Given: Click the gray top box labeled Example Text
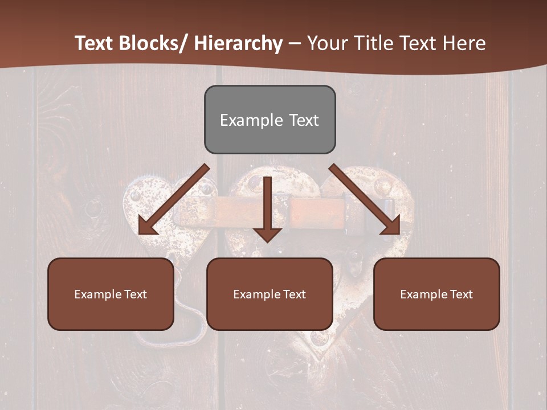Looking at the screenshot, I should click(270, 120).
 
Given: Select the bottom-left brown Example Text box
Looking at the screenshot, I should click(111, 294).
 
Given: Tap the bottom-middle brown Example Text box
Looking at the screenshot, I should click(270, 294).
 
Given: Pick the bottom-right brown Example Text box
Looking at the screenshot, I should click(436, 294).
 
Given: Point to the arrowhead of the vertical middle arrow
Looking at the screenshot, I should click(267, 234).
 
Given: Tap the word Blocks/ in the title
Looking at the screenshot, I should click(151, 43).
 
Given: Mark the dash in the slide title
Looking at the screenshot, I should click(295, 43).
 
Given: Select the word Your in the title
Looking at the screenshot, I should click(328, 43).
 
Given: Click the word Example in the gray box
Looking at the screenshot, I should click(251, 120).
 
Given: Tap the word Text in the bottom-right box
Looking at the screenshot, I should click(460, 294).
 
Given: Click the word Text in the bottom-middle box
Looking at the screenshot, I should click(293, 294).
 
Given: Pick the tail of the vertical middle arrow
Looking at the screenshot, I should click(267, 181).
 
